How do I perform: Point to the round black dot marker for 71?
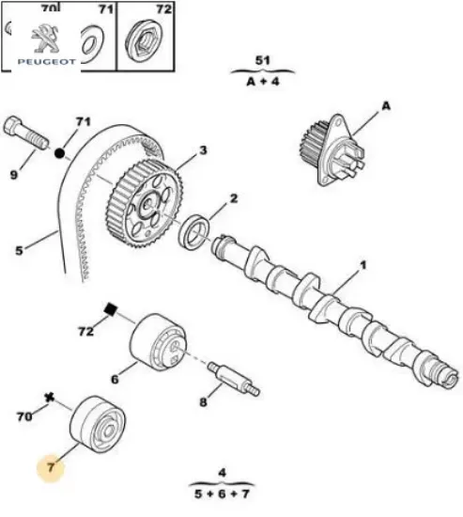61,151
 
